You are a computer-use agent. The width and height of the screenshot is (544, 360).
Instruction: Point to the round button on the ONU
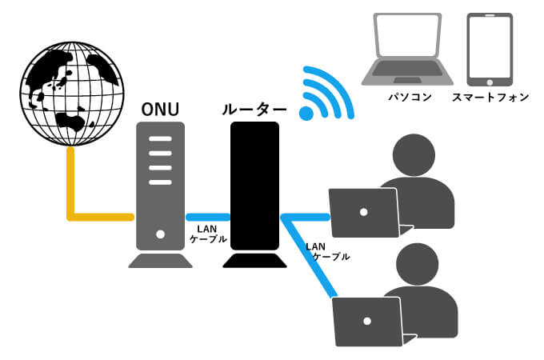(x=160, y=234)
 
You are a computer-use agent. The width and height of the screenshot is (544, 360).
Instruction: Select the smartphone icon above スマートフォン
(x=490, y=50)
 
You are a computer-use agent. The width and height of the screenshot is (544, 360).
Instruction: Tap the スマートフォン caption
(x=490, y=98)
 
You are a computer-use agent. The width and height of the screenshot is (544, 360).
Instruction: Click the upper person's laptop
(x=365, y=213)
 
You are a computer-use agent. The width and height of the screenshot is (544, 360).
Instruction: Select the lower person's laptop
(x=368, y=320)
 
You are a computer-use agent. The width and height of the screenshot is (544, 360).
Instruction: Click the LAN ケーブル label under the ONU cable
(x=207, y=234)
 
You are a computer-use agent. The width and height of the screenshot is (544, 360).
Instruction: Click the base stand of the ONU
(x=160, y=261)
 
